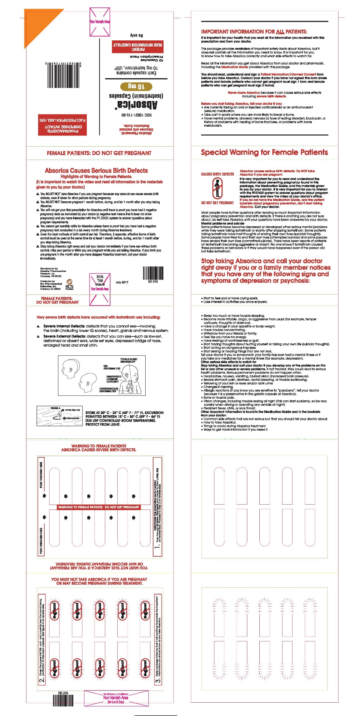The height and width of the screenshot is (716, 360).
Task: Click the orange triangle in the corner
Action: (x=37, y=23)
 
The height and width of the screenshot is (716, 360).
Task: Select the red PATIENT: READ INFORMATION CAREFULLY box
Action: (x=138, y=47)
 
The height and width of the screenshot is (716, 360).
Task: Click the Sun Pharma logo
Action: (x=69, y=284)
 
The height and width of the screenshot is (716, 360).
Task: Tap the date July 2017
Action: (x=122, y=282)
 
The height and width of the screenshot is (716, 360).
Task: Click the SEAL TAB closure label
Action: (x=100, y=280)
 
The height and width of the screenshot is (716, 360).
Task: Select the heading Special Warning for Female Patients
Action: (x=264, y=152)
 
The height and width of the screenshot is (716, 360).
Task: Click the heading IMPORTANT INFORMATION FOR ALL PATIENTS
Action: (x=254, y=32)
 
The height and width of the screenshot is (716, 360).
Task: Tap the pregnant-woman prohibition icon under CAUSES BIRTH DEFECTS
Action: (x=217, y=188)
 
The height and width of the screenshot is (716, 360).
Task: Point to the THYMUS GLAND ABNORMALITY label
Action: (x=129, y=360)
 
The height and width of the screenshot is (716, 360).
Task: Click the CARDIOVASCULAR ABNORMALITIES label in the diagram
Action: (x=108, y=390)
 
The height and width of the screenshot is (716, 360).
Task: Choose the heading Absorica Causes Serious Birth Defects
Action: (x=96, y=171)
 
